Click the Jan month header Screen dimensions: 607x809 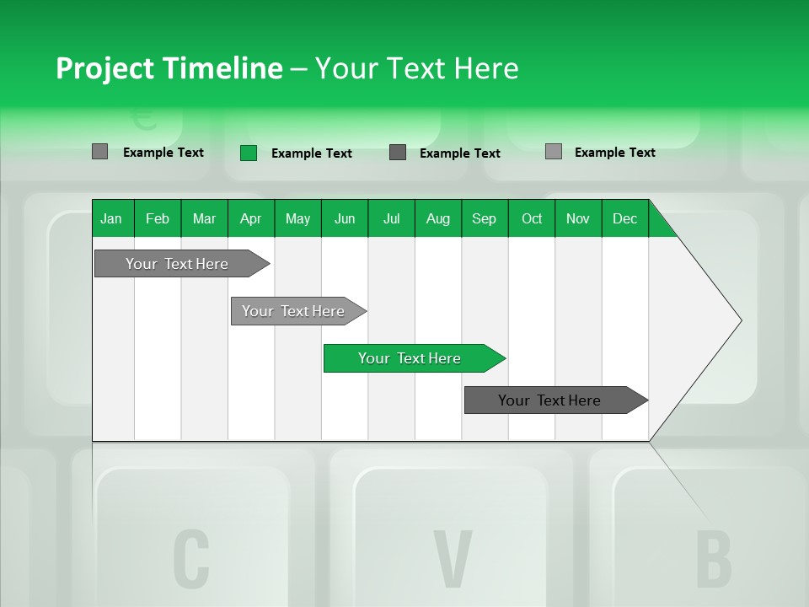point(111,218)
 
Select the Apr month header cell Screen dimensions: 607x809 point(250,218)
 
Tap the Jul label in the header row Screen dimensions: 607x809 point(391,218)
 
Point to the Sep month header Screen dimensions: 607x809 point(484,218)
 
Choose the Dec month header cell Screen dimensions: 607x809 point(624,218)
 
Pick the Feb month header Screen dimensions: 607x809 point(158,218)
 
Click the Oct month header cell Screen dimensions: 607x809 point(532,218)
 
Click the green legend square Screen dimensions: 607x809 point(249,153)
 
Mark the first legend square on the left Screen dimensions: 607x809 point(99,152)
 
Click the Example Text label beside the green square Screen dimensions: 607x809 point(312,153)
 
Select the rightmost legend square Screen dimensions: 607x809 point(554,152)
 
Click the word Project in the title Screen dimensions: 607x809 point(104,68)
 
